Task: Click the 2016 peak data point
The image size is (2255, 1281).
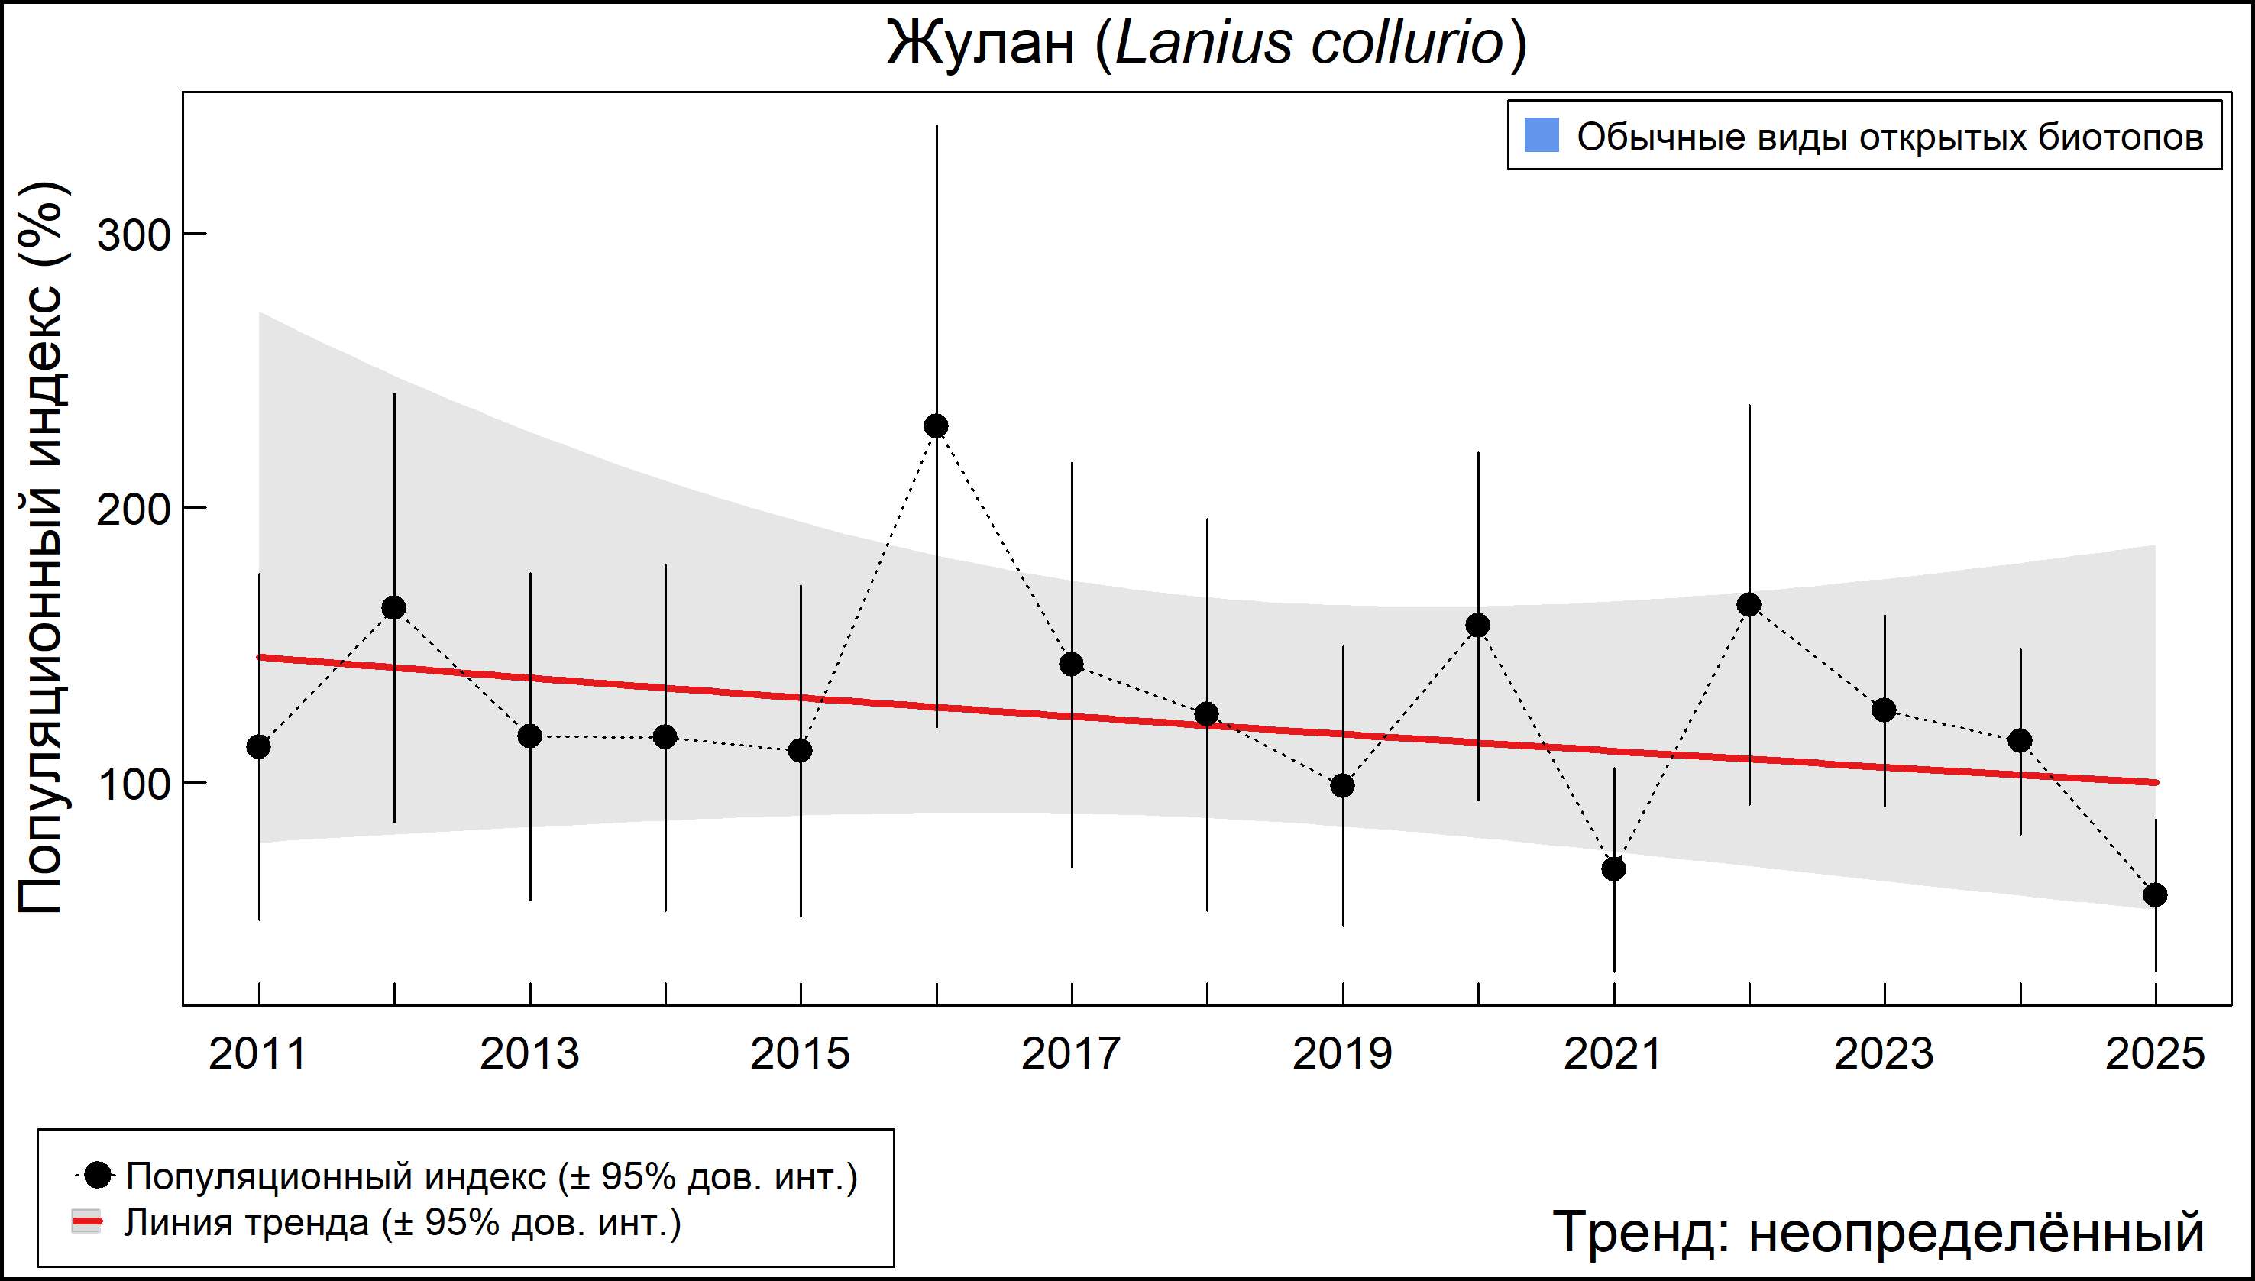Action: pos(936,425)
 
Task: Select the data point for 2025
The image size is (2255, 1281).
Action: pos(2155,894)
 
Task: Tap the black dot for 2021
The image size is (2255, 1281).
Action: pos(1613,869)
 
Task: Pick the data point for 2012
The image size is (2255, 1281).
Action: pos(394,607)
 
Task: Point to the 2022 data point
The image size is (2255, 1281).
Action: pos(1749,604)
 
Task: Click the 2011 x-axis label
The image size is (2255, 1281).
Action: pos(257,1054)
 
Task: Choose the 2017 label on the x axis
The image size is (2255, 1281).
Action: pos(1071,1054)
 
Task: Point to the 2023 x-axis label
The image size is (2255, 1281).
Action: pos(1884,1054)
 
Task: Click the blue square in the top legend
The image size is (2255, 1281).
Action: pos(1542,135)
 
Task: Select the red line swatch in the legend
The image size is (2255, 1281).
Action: pos(86,1222)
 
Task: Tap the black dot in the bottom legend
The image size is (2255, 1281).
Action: pos(99,1175)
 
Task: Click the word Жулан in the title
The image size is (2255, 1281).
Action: pos(981,43)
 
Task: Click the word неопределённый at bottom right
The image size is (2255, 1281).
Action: pos(1975,1231)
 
